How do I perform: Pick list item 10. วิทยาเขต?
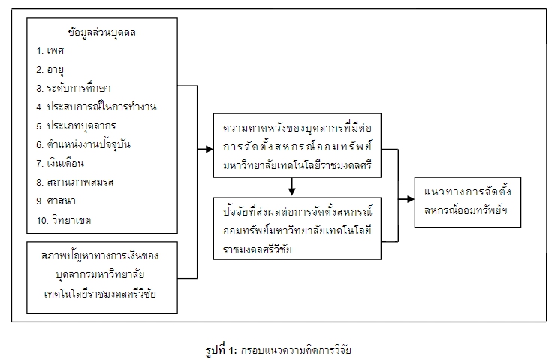click(64, 220)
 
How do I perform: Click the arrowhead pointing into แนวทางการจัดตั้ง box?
click(412, 200)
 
